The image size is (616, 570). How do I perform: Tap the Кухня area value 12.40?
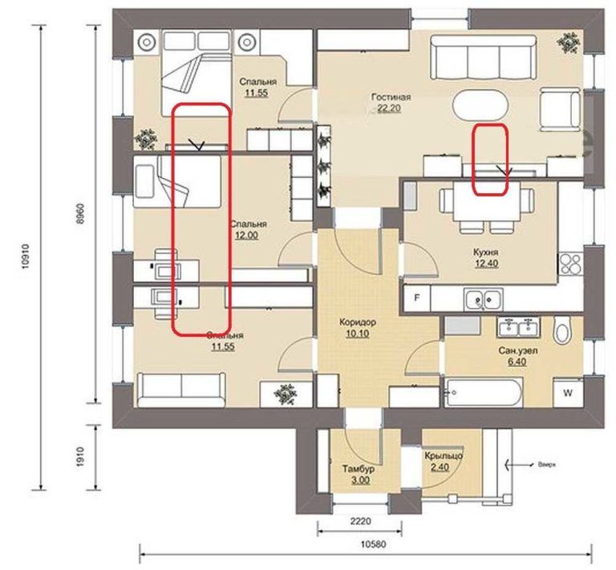(486, 264)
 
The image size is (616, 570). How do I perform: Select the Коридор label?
(358, 322)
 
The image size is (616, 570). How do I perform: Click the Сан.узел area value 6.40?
(517, 362)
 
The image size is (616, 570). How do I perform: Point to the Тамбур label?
(359, 469)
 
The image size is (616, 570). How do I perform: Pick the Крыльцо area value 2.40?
(440, 467)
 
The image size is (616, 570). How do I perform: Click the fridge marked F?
(417, 298)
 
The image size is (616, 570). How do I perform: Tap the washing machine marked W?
(568, 393)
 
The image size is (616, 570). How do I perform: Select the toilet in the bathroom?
(563, 330)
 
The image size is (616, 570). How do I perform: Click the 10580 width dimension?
(373, 544)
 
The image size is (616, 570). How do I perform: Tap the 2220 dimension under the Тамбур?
(360, 521)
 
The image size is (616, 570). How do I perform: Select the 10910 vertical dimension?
(26, 257)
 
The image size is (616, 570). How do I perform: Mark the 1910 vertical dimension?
(80, 456)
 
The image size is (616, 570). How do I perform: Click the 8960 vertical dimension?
(79, 213)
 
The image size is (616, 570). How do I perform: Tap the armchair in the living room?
(560, 109)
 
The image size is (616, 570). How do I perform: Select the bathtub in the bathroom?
(484, 392)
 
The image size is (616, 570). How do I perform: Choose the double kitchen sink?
(483, 300)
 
